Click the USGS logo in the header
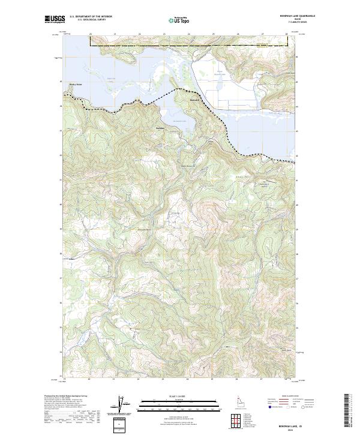[x=55, y=20]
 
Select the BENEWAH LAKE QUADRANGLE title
[x=298, y=16]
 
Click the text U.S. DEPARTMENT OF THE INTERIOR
[x=91, y=17]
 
